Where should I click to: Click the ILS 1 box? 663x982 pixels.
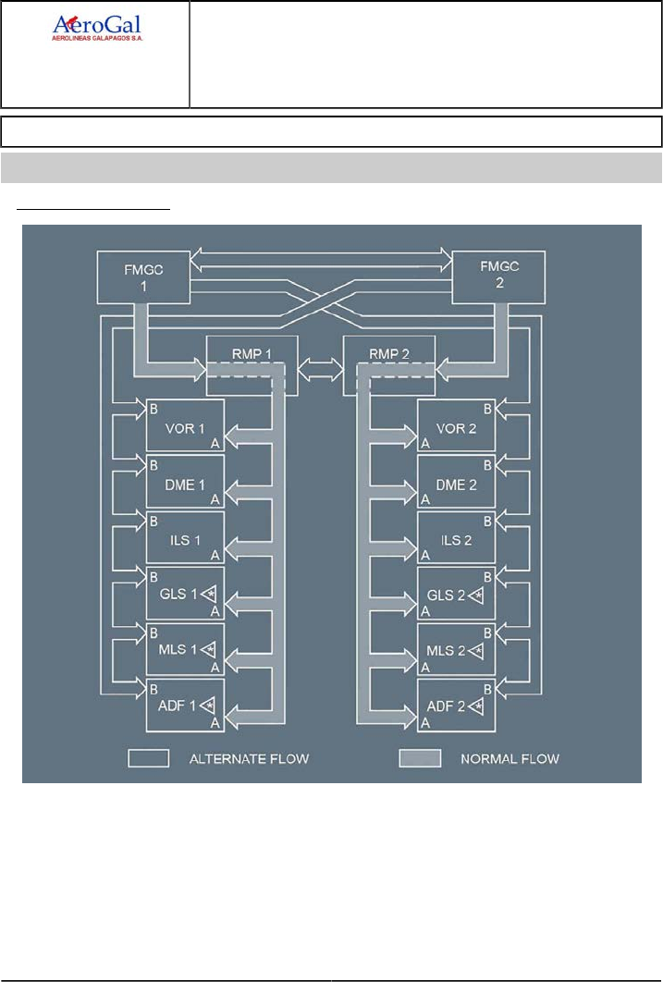(185, 537)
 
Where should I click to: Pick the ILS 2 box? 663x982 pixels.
(456, 537)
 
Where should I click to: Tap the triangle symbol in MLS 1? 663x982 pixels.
(210, 650)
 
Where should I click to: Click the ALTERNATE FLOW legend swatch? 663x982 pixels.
(148, 758)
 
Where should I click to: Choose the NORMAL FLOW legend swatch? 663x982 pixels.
(419, 758)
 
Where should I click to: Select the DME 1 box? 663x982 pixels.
(185, 482)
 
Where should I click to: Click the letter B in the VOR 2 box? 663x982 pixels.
(488, 408)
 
